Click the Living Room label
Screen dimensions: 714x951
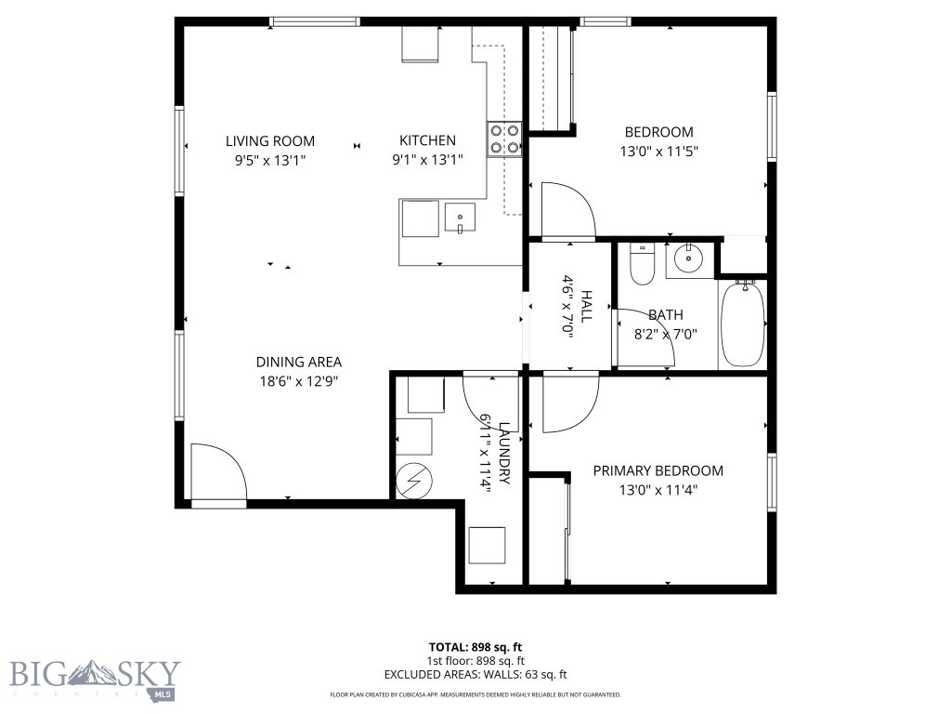(x=270, y=141)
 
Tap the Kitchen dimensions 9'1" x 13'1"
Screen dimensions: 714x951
(x=427, y=160)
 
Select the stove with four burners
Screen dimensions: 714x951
(x=504, y=139)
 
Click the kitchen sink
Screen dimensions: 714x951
(x=460, y=218)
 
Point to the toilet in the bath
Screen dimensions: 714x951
(x=642, y=264)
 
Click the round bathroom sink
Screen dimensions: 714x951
(x=688, y=259)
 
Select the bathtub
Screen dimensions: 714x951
(x=742, y=324)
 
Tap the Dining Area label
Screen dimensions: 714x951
(x=299, y=363)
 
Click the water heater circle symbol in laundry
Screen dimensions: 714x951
(x=413, y=480)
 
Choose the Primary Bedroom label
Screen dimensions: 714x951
(x=658, y=471)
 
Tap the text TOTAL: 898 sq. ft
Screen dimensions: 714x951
(x=475, y=647)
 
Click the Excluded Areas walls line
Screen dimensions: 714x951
(x=475, y=675)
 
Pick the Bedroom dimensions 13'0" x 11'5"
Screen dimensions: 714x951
(x=658, y=151)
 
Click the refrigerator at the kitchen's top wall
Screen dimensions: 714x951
(x=419, y=45)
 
